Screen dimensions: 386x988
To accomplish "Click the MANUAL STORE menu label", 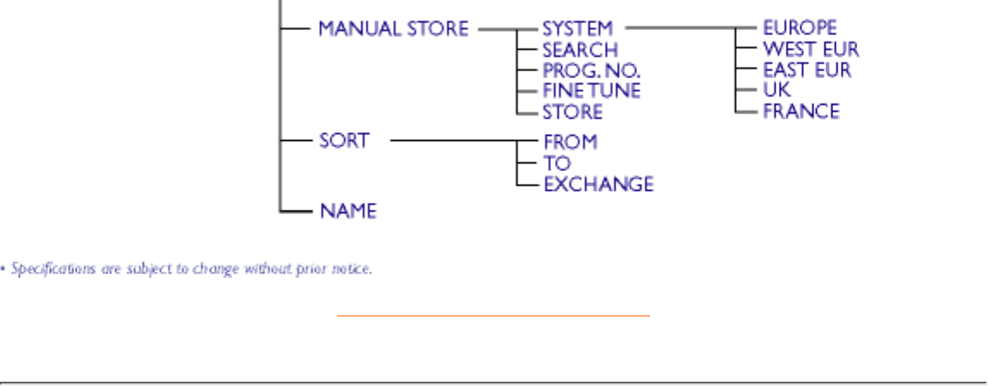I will pos(393,28).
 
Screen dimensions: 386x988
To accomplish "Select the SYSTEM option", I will pos(577,28).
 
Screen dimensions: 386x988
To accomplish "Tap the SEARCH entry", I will pos(580,50).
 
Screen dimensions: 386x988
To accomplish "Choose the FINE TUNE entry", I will pos(591,91).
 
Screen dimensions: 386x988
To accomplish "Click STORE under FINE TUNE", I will pos(572,112).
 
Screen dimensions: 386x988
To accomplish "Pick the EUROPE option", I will pos(799,28).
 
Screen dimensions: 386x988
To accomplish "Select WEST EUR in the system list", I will pos(810,49).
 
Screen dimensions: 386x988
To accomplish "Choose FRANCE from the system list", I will pos(800,112).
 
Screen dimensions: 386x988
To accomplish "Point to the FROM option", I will pos(569,140).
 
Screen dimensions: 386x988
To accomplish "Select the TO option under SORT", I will pos(556,162).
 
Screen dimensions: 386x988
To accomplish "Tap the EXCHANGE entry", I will pos(598,184).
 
